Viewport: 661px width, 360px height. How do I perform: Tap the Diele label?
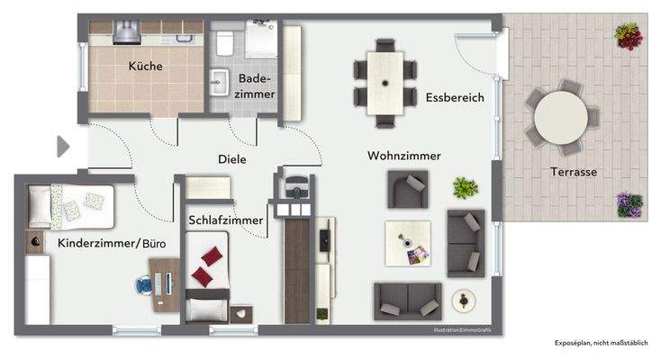pos(231,158)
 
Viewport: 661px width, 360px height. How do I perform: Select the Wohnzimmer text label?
pos(403,156)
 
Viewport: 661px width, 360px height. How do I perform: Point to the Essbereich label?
pos(455,97)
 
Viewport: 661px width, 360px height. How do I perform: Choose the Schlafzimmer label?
pos(226,220)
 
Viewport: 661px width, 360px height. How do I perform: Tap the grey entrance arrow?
pos(62,147)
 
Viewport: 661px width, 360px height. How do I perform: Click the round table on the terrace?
pos(564,116)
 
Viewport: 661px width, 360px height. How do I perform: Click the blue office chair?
pos(145,285)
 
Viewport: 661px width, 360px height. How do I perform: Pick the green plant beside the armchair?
pos(465,188)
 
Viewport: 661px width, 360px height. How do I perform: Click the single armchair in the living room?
pos(406,188)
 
